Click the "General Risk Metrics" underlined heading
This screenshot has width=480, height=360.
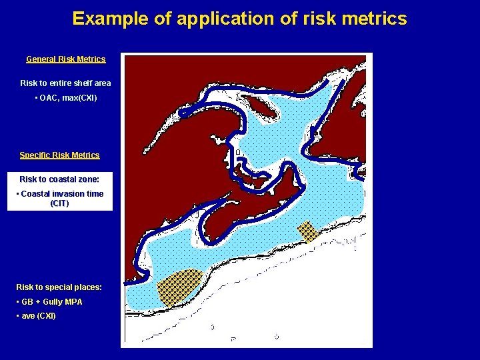pos(66,59)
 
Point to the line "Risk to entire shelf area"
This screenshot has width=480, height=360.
pos(65,83)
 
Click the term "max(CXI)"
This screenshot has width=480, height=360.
pos(79,98)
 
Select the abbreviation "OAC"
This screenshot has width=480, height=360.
pos(48,98)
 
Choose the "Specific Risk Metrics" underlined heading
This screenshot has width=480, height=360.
pos(59,155)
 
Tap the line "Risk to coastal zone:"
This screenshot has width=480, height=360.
pos(59,179)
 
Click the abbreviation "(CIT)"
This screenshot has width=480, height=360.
pos(59,203)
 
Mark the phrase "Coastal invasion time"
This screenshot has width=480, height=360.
pos(62,194)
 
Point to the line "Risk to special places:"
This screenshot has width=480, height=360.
pos(59,287)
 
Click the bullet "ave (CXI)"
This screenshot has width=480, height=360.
pos(39,316)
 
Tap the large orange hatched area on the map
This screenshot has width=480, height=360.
pos(179,287)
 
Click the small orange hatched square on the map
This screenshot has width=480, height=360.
pos(308,231)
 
